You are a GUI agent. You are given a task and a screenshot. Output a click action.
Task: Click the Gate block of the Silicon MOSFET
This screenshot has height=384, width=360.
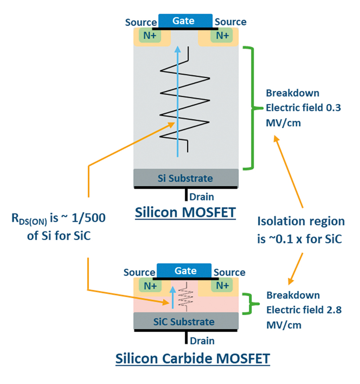pyautogui.click(x=185, y=20)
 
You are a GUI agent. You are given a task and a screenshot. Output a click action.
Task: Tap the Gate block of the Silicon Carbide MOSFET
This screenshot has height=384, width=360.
pyautogui.click(x=185, y=271)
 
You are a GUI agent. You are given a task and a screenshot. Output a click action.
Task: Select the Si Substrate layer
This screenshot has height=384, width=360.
pyautogui.click(x=185, y=178)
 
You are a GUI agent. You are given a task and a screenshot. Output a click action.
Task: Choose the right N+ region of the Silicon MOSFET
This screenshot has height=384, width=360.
pyautogui.click(x=221, y=36)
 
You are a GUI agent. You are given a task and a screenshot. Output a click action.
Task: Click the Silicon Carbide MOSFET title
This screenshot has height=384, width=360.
pyautogui.click(x=193, y=359)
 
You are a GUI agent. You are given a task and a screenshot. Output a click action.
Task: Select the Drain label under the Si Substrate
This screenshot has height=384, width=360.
pyautogui.click(x=202, y=197)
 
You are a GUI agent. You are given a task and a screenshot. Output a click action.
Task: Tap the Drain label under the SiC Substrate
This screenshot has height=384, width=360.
pyautogui.click(x=202, y=341)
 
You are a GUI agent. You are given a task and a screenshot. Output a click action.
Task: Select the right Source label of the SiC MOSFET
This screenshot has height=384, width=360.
pyautogui.click(x=229, y=272)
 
